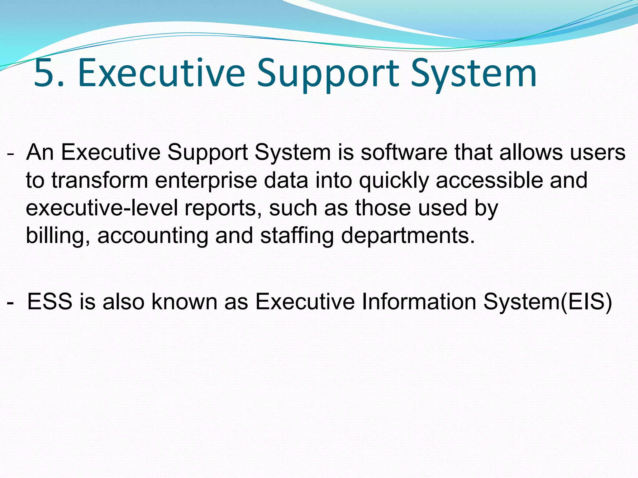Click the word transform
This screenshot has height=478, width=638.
click(x=100, y=180)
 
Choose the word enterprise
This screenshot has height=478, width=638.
click(x=206, y=181)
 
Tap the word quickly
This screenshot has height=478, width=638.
click(x=394, y=181)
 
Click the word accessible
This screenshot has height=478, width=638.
click(x=489, y=180)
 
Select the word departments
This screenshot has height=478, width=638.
click(x=408, y=236)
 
